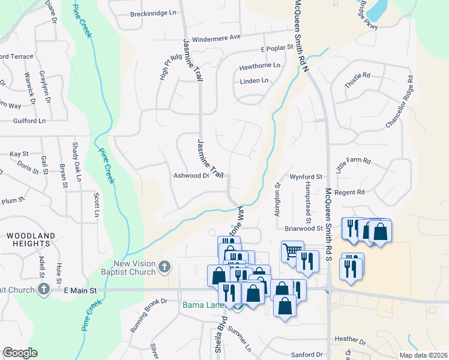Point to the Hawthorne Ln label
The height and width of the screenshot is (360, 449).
260,65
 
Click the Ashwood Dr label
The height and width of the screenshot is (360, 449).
191,176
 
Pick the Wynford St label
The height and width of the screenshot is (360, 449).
307,177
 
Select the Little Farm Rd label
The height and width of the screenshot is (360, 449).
354,166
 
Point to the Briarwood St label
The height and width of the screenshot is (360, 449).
303,228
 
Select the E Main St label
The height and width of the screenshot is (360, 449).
80,290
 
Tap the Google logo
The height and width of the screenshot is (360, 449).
20,353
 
